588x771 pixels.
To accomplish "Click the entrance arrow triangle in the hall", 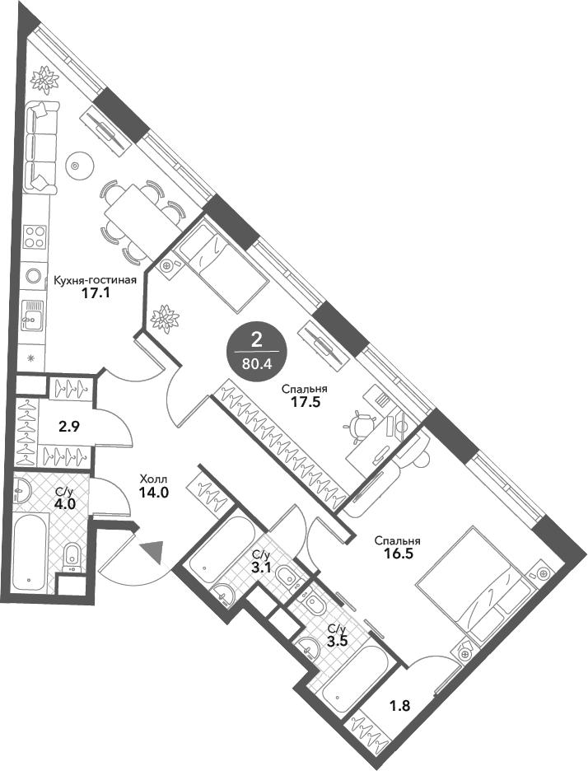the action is tap(153, 550).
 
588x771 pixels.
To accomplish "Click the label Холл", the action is tap(153, 479).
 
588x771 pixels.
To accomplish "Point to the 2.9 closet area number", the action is tap(69, 427).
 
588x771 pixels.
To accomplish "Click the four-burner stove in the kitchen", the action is tap(35, 236).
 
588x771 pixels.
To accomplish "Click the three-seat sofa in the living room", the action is tap(41, 147).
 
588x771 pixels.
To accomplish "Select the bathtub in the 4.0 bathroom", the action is tap(31, 549).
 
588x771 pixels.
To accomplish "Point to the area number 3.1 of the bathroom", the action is tap(260, 568).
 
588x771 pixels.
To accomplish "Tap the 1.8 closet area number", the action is tap(399, 706).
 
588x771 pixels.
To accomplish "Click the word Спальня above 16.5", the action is tap(397, 541).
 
